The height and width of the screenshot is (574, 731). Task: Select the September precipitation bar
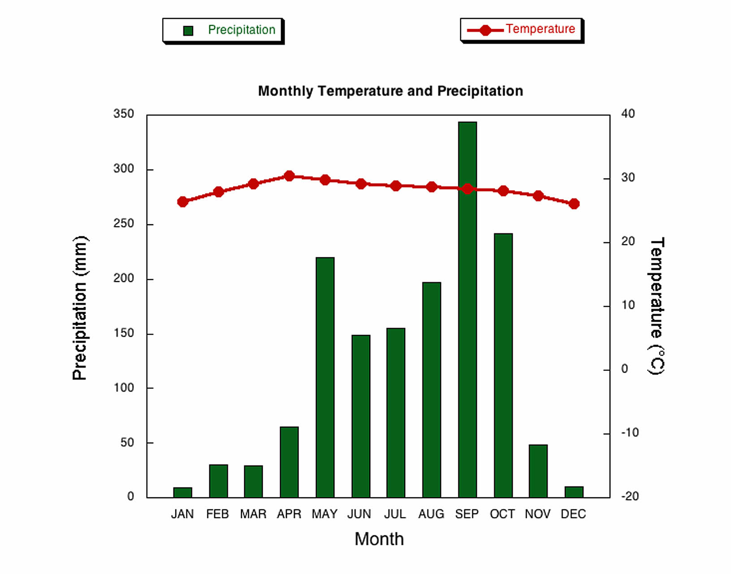467,309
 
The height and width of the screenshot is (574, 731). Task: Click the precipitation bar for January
182,492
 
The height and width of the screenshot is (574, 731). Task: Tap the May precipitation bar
325,377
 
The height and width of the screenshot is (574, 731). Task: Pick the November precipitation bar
538,471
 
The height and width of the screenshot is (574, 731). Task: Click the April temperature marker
289,176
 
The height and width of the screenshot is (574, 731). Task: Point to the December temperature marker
574,204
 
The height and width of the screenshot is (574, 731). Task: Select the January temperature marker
182,202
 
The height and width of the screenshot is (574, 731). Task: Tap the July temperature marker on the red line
396,186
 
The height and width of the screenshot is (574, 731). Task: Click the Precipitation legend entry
223,30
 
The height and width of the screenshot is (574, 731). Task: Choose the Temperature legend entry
522,30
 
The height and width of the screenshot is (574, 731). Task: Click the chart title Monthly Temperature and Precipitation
390,91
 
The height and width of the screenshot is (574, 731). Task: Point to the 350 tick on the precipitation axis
124,114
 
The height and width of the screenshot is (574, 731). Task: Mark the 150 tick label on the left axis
124,333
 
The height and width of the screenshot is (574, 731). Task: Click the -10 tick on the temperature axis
630,433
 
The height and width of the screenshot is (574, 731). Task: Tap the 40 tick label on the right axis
628,114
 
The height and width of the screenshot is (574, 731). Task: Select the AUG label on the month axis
431,514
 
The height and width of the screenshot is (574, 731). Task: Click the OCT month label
502,514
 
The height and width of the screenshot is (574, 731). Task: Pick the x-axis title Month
379,539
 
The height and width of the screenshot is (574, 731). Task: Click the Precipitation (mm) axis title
80,308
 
